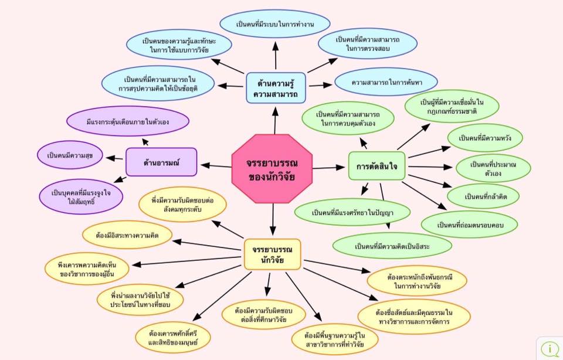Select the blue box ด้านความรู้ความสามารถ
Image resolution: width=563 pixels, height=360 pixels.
coord(275,88)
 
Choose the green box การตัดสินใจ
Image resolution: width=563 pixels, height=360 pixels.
coord(377,167)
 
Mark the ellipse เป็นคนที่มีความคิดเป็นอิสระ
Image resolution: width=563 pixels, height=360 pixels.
coord(392,246)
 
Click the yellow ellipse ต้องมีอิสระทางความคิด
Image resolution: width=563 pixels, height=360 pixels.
coord(127,235)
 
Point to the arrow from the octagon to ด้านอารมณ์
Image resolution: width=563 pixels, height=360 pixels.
coord(214,166)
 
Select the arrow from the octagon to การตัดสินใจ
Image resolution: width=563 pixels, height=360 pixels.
coord(329,168)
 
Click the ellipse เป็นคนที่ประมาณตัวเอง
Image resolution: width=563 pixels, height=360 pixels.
coord(493,168)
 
